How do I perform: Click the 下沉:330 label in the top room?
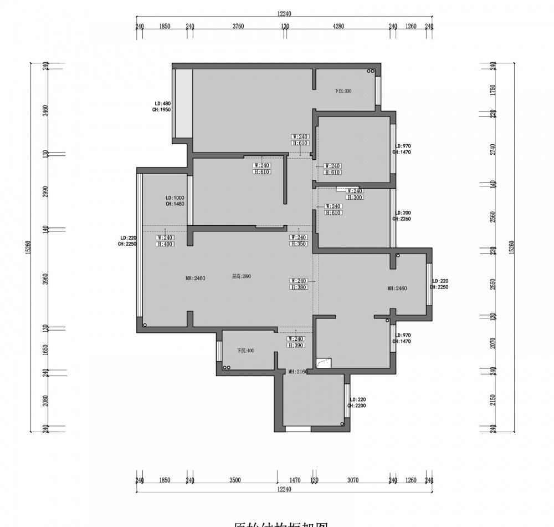[343, 91]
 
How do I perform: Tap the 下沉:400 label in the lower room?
[245, 351]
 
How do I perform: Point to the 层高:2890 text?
[242, 276]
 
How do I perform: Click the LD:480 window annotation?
[162, 104]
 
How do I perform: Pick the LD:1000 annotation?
[175, 198]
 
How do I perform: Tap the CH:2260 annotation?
[402, 219]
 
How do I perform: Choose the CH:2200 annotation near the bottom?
[357, 406]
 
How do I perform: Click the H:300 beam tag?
[355, 197]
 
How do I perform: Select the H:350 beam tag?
[299, 244]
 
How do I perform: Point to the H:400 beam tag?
[165, 244]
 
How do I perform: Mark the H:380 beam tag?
[299, 287]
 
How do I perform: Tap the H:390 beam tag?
[296, 345]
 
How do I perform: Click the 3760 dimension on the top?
[238, 26]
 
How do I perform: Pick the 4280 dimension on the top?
[338, 26]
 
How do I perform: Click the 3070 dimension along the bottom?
[353, 480]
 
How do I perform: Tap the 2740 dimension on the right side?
[493, 149]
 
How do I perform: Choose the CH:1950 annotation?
[161, 110]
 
